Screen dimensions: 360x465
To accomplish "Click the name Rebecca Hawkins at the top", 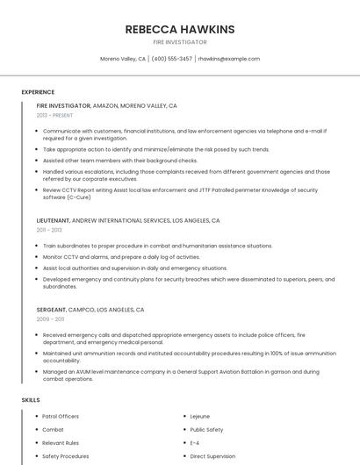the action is pyautogui.click(x=180, y=29).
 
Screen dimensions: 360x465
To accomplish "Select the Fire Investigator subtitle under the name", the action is pyautogui.click(x=180, y=42).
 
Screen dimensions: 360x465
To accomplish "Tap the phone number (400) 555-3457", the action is pyautogui.click(x=171, y=59).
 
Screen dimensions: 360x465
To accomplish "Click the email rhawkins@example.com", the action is pyautogui.click(x=228, y=59).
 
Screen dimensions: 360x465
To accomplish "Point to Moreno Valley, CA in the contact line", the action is pyautogui.click(x=123, y=59).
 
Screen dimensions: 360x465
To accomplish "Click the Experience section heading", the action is pyautogui.click(x=38, y=92).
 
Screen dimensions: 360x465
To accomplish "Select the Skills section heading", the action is pyautogui.click(x=31, y=400).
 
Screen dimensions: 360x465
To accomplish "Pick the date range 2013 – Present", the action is pyautogui.click(x=54, y=116).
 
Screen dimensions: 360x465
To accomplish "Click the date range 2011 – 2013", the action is pyautogui.click(x=49, y=230).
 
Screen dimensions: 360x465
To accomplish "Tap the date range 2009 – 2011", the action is pyautogui.click(x=50, y=319).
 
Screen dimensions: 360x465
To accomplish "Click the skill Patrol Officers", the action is pyautogui.click(x=61, y=416).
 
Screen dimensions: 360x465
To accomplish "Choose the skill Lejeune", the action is pyautogui.click(x=201, y=416).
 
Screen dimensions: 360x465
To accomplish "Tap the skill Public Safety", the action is pyautogui.click(x=206, y=430).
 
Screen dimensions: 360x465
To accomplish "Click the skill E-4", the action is pyautogui.click(x=195, y=443).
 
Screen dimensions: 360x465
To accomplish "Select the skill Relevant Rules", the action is pyautogui.click(x=61, y=443).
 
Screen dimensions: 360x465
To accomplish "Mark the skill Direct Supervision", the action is pyautogui.click(x=212, y=456).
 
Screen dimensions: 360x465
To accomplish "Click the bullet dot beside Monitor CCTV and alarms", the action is pyautogui.click(x=37, y=257).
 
